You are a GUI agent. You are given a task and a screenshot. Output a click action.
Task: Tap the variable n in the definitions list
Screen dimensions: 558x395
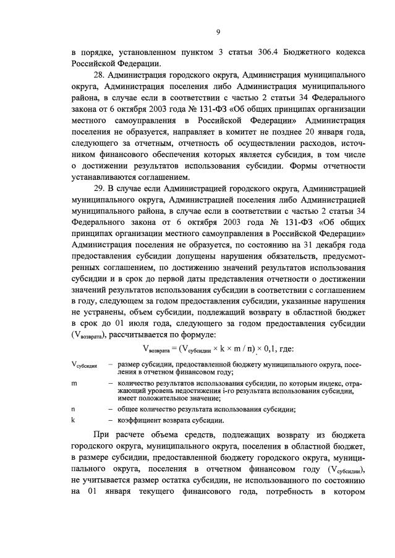tap(73, 409)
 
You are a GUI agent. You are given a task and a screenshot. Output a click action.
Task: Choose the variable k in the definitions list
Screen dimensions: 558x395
tap(73, 420)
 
